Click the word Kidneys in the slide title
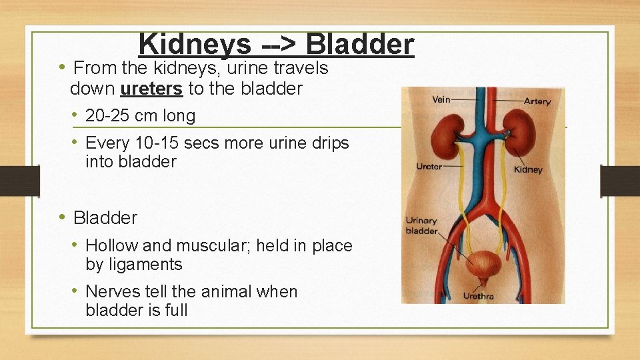[195, 45]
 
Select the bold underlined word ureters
[151, 88]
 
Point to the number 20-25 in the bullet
[109, 116]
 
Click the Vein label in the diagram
[441, 100]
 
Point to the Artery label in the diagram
[537, 101]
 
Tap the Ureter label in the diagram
[429, 167]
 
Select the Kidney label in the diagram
[528, 170]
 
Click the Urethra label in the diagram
[478, 296]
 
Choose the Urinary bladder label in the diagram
[421, 226]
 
